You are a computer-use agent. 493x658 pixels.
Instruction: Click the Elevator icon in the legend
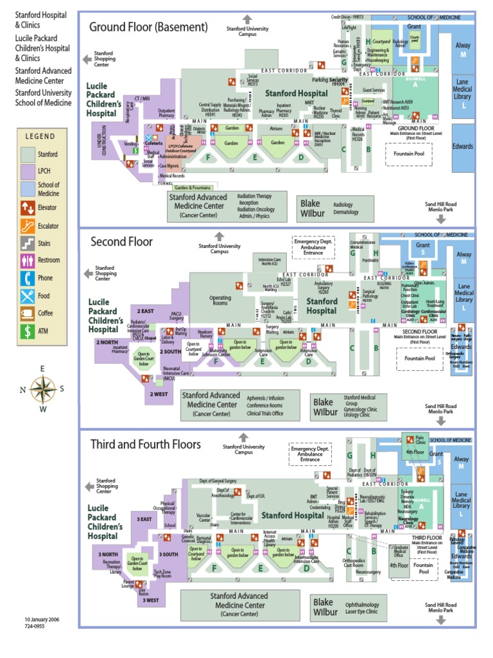[28, 208]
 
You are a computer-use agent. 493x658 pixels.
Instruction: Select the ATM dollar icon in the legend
[28, 332]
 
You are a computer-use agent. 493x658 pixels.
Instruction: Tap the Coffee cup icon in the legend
[28, 314]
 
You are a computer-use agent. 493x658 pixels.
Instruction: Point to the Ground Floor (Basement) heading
[148, 27]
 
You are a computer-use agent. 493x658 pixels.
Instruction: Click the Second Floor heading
[121, 242]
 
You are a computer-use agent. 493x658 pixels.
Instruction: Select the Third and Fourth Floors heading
[145, 444]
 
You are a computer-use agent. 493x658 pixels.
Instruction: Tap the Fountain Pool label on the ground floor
[408, 155]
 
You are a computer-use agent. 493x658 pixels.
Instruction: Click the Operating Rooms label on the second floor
[220, 301]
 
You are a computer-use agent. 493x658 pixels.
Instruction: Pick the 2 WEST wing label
[158, 393]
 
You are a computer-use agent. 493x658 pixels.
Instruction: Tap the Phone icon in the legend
[28, 278]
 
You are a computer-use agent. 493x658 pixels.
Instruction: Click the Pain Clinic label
[420, 440]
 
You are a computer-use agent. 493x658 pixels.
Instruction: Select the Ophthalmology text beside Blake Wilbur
[362, 605]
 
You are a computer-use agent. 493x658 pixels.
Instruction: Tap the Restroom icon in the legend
[28, 260]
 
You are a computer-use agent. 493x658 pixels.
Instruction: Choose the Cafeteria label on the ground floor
[153, 143]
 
